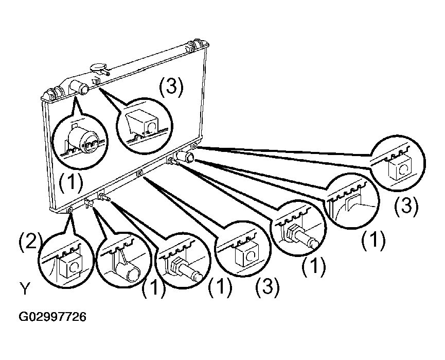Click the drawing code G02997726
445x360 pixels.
tap(52, 317)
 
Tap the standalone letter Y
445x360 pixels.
tap(25, 289)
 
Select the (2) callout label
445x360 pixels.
tap(30, 241)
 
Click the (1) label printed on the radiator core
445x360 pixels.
tap(71, 182)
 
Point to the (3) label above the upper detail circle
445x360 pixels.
tap(171, 87)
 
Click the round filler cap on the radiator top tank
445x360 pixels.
tap(98, 68)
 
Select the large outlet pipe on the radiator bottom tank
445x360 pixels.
tap(186, 156)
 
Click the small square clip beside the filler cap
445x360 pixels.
tap(97, 81)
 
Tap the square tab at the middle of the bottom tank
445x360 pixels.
tap(139, 173)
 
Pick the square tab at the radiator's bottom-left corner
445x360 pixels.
tap(70, 210)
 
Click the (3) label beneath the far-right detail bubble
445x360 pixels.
tap(406, 207)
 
